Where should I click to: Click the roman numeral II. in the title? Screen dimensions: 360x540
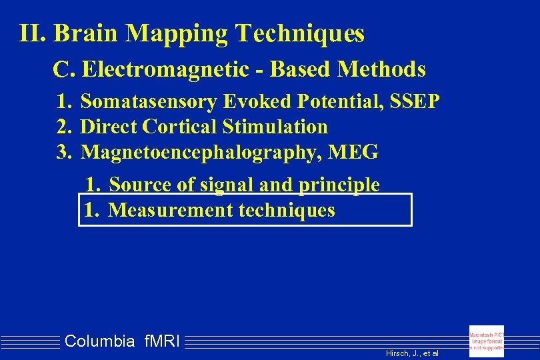point(33,33)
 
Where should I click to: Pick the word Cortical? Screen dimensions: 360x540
point(181,127)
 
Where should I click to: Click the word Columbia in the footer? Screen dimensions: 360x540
point(100,342)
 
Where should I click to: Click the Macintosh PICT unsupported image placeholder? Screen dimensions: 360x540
point(487,341)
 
